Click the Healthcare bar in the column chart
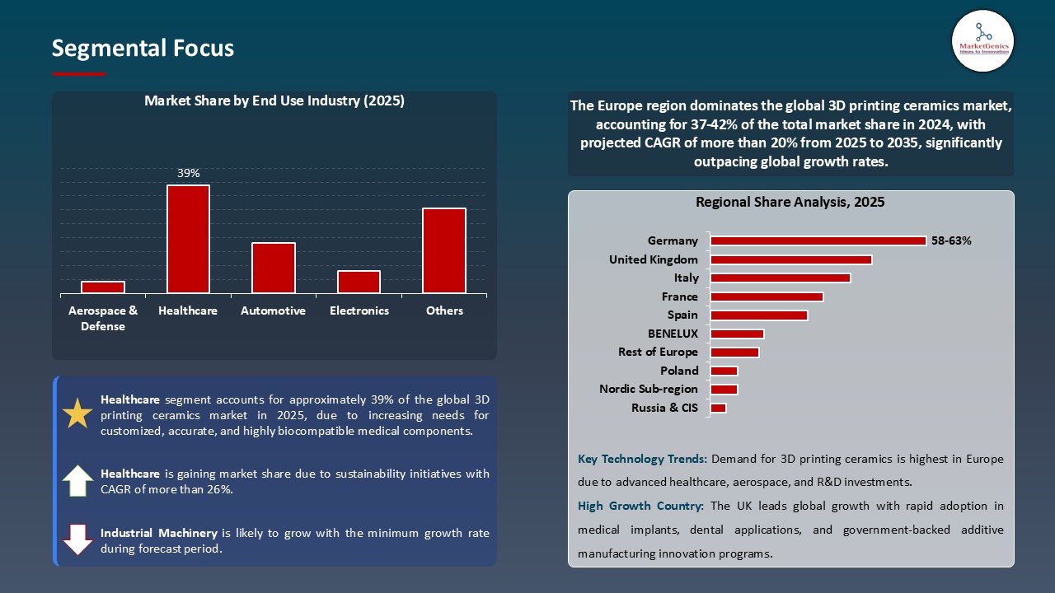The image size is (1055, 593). [188, 239]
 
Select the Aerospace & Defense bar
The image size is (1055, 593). [103, 287]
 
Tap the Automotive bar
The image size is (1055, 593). [274, 268]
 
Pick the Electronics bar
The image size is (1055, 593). [359, 282]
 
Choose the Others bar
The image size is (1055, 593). [444, 250]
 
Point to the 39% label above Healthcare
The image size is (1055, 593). [189, 173]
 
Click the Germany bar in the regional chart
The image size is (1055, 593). [818, 240]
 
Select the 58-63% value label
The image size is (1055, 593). [951, 240]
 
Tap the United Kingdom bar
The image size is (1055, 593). [791, 259]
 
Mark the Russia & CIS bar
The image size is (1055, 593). [718, 408]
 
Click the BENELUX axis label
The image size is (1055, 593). [673, 334]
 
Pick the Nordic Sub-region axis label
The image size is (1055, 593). [649, 389]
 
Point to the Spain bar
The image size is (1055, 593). [759, 315]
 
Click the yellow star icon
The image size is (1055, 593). [77, 413]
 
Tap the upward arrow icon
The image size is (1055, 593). [77, 480]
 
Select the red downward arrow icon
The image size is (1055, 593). [77, 539]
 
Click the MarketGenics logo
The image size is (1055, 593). [982, 40]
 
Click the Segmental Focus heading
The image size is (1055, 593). [143, 48]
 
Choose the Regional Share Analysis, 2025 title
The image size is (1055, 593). [790, 202]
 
